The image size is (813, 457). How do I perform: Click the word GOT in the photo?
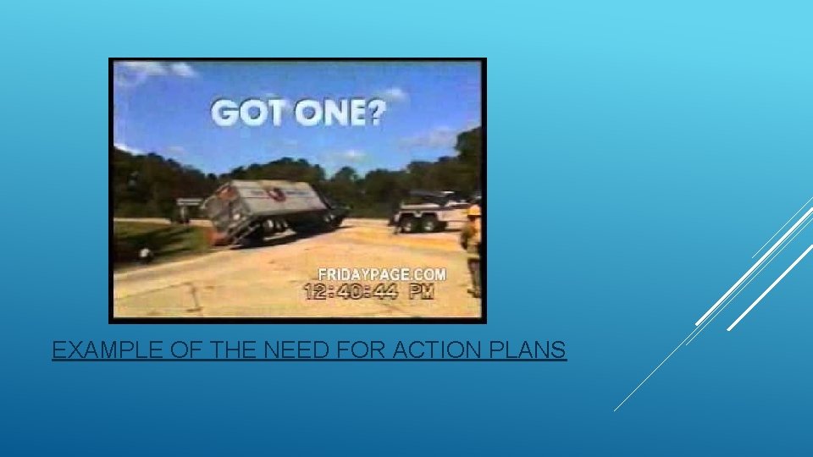(245, 113)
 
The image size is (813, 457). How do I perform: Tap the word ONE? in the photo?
(329, 113)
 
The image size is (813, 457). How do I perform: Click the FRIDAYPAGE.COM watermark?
(381, 273)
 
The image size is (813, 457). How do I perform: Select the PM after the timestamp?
(421, 291)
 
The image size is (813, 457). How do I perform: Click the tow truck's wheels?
(423, 223)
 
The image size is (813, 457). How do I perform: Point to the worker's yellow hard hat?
(473, 210)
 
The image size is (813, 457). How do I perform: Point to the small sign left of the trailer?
(189, 203)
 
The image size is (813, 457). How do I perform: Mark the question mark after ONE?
(371, 113)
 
